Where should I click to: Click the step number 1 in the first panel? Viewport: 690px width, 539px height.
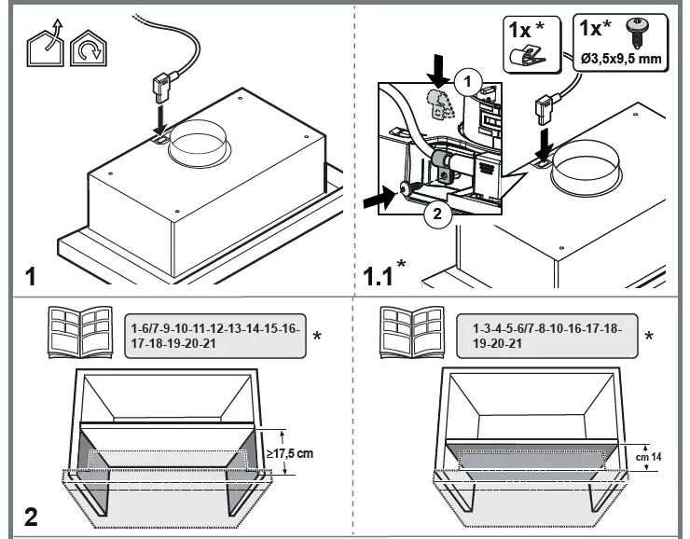pyautogui.click(x=31, y=277)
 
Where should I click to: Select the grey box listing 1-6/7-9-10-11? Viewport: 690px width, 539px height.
pyautogui.click(x=214, y=335)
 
